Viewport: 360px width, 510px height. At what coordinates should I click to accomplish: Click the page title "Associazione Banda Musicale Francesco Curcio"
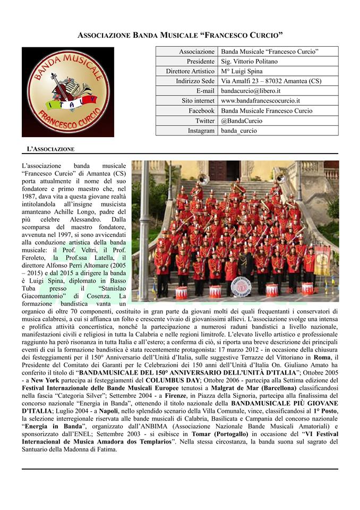point(180,35)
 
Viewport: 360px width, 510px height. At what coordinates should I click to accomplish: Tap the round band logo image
point(68,92)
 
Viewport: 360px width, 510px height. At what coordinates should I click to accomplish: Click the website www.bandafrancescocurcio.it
point(260,101)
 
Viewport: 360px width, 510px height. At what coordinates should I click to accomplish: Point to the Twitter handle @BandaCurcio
point(242,121)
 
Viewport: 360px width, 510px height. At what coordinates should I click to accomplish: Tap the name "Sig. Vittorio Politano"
point(248,61)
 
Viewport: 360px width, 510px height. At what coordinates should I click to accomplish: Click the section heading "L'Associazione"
point(50,148)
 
